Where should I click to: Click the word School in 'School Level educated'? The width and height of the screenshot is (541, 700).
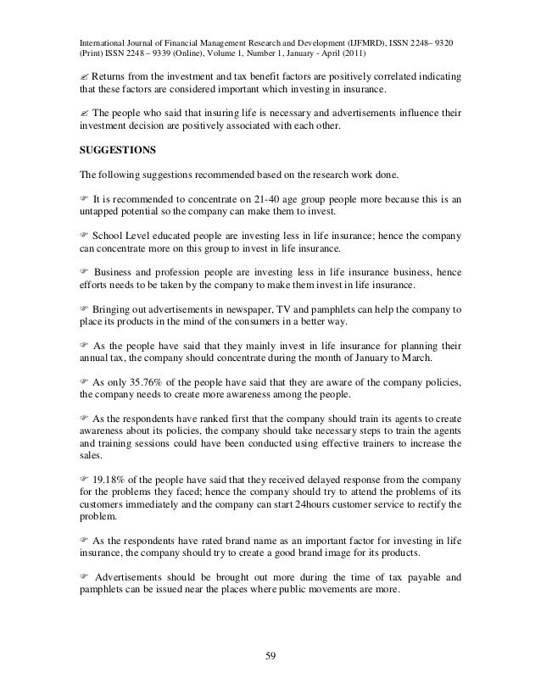(x=111, y=235)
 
